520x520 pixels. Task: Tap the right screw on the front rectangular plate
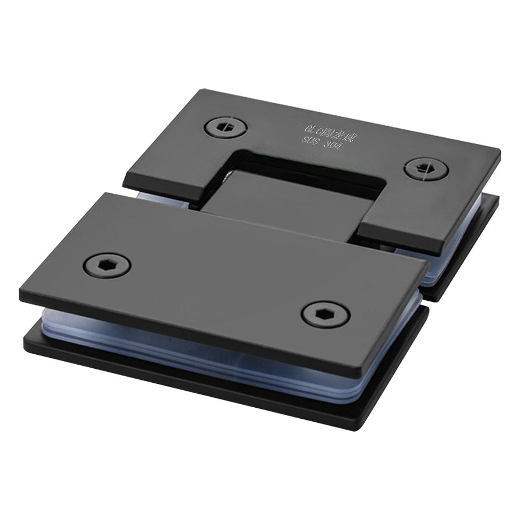tap(326, 314)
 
